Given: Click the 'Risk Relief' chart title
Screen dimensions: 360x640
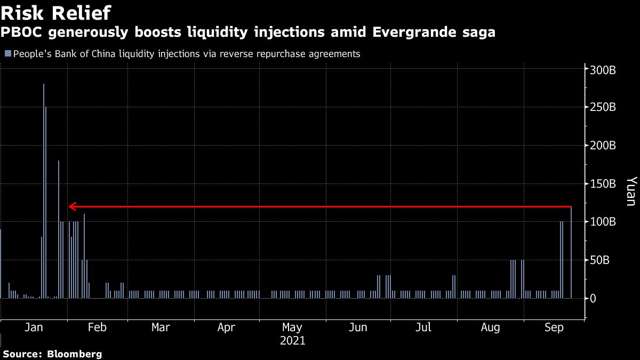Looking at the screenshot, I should coord(55,12).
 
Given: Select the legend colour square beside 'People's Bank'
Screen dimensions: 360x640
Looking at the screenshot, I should coord(7,54).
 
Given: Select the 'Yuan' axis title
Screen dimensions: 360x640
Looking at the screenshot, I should coord(630,191).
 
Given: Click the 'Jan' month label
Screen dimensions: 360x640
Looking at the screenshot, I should coord(34,327).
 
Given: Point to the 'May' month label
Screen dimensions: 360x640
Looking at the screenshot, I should coord(292,327).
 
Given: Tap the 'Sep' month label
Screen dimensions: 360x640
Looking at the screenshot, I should coord(555,327).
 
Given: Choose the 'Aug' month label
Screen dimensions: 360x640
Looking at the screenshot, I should coord(490,327).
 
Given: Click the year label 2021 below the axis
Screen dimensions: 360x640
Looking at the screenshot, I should coord(292,340).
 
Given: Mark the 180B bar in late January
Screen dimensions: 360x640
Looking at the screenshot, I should coord(59,229).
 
